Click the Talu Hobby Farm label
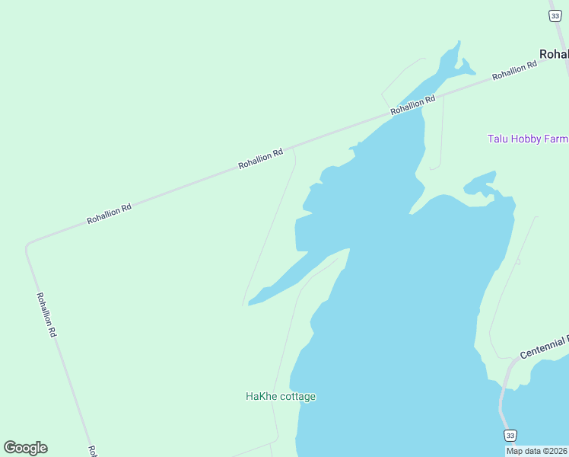(x=527, y=139)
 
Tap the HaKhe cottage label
(x=280, y=397)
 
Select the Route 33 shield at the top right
(x=555, y=17)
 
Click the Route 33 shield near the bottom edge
(x=510, y=435)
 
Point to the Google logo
(x=26, y=448)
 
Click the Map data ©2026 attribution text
(x=536, y=451)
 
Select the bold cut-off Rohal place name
(x=553, y=54)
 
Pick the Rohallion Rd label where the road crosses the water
(x=413, y=105)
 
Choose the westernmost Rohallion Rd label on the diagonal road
(x=109, y=213)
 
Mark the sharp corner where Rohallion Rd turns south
(x=27, y=245)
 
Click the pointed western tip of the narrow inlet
(x=249, y=304)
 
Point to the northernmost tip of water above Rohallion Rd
(x=459, y=42)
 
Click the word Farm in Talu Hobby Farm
(x=556, y=139)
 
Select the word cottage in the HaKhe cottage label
(x=297, y=397)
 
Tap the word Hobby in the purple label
(x=526, y=139)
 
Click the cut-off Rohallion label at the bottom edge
(x=92, y=451)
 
